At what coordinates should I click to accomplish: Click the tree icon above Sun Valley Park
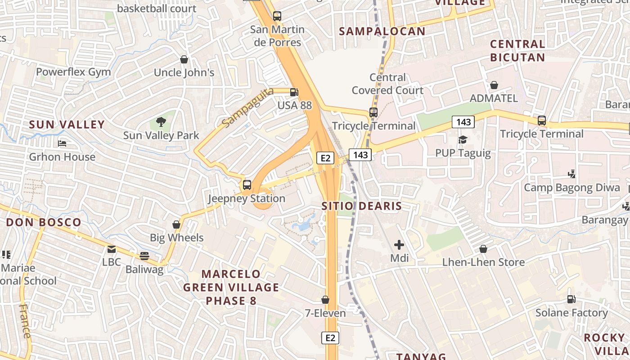(161, 121)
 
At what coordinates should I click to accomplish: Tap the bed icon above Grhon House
(62, 144)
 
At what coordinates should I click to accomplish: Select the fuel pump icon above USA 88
(294, 92)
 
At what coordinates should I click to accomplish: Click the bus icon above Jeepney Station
(247, 184)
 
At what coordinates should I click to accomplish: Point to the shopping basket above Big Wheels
(176, 224)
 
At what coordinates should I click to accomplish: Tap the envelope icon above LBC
(111, 249)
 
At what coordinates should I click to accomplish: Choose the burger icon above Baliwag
(144, 256)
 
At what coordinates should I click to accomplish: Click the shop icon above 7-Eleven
(325, 300)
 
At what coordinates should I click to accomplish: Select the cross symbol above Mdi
(399, 245)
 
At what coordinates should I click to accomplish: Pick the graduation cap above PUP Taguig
(463, 139)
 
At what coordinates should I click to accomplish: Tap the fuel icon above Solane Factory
(571, 299)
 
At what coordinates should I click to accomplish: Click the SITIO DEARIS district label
(361, 206)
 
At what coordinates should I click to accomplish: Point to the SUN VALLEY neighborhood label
(67, 125)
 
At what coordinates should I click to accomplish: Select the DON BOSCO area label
(44, 222)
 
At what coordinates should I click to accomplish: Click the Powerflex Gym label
(73, 72)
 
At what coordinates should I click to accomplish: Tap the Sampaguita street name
(248, 108)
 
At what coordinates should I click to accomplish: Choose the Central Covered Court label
(387, 84)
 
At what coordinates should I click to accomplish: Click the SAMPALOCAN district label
(382, 31)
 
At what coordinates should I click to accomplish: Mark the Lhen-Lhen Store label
(483, 262)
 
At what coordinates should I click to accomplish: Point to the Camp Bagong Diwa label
(571, 187)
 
